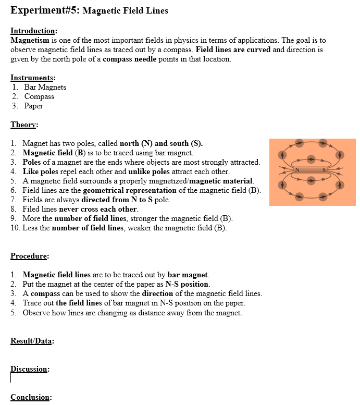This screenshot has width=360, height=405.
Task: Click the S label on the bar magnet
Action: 324,170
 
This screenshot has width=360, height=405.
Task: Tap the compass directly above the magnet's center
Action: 311,159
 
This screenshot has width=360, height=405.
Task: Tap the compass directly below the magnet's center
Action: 311,181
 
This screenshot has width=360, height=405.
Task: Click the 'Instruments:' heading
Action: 33,78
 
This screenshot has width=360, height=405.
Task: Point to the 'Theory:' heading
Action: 24,125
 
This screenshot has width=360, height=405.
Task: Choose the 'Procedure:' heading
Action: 30,256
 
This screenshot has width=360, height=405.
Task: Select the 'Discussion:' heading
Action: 30,369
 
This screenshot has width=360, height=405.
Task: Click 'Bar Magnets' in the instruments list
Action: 45,87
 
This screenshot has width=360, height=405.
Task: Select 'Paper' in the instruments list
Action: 34,106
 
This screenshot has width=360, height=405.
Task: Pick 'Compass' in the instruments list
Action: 39,96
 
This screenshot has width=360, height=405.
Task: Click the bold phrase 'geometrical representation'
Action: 129,190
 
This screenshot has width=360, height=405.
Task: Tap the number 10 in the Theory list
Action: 15,228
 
